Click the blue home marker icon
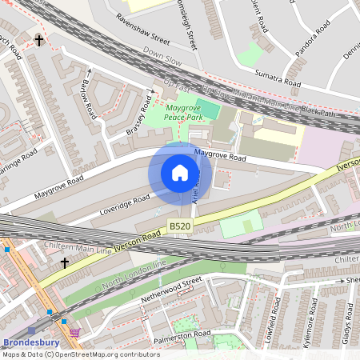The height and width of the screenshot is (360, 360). click(180, 173)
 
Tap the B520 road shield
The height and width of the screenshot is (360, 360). click(180, 227)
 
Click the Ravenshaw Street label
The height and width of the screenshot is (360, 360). click(143, 28)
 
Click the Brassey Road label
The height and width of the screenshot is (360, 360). click(138, 117)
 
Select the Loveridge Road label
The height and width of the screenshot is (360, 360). click(124, 205)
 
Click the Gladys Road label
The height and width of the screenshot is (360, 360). click(348, 324)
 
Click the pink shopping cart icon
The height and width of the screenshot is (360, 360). click(75, 332)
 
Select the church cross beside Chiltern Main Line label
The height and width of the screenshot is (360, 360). click(65, 262)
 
